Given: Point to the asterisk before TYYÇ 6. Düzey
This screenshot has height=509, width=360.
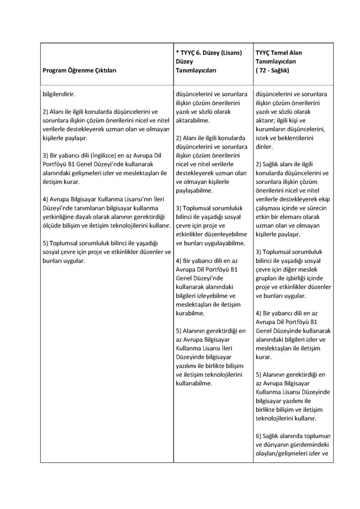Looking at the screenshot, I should [x=178, y=52].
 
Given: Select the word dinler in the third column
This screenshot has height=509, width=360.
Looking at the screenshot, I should [x=264, y=147].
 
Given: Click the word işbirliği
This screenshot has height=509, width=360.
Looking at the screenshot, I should [x=308, y=278].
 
